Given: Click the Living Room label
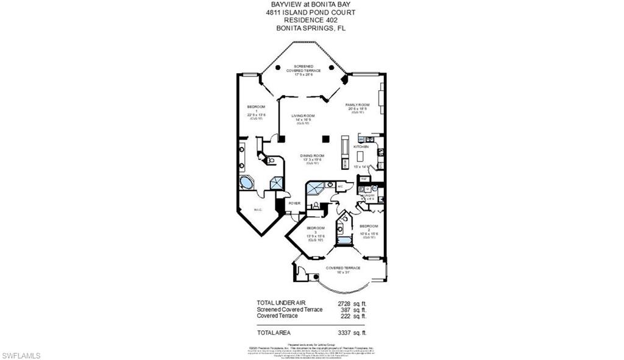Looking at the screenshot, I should [x=303, y=116].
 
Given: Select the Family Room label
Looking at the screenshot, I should [x=357, y=105].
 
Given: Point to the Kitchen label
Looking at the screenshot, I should [x=362, y=147].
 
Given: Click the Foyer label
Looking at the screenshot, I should [x=295, y=203].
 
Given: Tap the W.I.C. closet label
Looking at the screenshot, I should [x=258, y=211].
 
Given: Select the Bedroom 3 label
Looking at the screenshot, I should [x=316, y=228].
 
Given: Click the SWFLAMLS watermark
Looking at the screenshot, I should [x=21, y=355].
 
